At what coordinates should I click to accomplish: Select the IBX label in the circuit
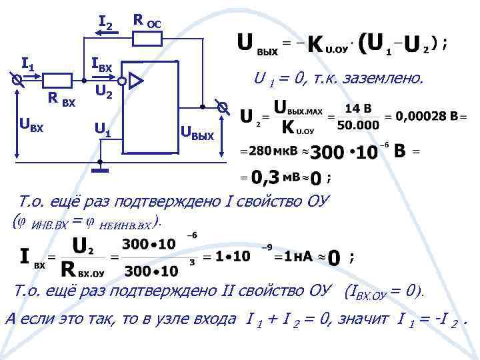tap(101, 66)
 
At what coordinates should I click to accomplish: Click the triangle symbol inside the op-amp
tap(136, 81)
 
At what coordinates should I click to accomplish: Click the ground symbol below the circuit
tap(101, 169)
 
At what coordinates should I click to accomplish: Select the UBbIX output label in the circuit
tap(198, 136)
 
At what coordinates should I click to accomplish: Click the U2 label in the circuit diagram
tap(103, 92)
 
